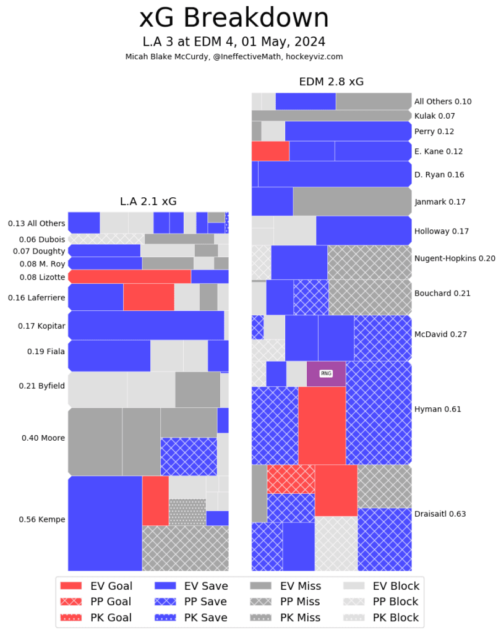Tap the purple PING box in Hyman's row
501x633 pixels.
[326, 374]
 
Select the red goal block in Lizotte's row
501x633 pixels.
[129, 276]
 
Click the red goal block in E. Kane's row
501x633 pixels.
[270, 151]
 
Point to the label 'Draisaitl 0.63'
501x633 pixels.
[440, 514]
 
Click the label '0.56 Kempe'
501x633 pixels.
[43, 519]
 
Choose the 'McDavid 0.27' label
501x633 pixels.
[440, 334]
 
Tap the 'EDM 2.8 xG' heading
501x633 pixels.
[332, 82]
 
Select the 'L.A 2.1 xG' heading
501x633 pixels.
[148, 202]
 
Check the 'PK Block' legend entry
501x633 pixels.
[380, 617]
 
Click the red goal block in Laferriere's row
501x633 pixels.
[148, 297]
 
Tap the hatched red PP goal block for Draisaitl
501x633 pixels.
[291, 479]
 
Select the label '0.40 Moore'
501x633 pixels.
[43, 438]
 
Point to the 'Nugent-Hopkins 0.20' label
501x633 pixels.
[455, 258]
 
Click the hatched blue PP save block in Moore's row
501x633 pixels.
[189, 456]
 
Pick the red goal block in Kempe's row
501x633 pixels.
[155, 501]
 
